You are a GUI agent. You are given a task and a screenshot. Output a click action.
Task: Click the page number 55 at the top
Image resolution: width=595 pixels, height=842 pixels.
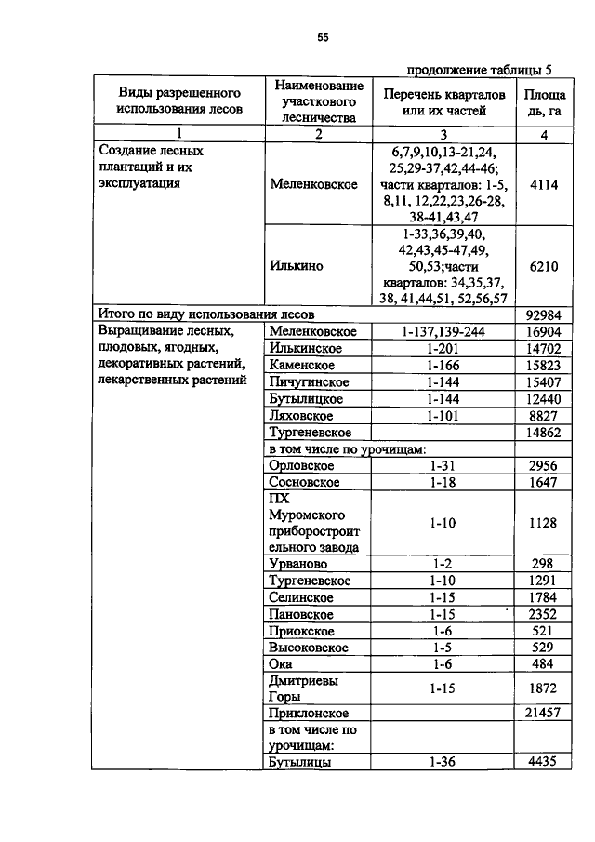pyautogui.click(x=323, y=38)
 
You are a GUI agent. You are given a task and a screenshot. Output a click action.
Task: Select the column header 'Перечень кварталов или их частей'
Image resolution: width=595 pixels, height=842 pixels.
pyautogui.click(x=443, y=102)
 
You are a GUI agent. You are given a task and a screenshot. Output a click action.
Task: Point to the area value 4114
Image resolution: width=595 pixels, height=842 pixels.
pyautogui.click(x=543, y=184)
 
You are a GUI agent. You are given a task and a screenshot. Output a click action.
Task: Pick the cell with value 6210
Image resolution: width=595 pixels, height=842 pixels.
pyautogui.click(x=543, y=265)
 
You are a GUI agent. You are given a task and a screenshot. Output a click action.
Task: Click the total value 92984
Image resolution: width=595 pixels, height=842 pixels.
pyautogui.click(x=543, y=314)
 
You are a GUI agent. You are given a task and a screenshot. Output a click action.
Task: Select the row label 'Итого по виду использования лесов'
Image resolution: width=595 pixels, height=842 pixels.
pyautogui.click(x=207, y=314)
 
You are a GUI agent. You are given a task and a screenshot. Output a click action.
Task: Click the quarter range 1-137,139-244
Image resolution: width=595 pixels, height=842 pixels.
pyautogui.click(x=443, y=331)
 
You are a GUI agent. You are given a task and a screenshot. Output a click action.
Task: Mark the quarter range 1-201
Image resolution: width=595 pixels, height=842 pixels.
pyautogui.click(x=443, y=348)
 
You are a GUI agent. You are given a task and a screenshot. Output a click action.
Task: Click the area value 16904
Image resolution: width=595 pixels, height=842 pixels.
pyautogui.click(x=543, y=331)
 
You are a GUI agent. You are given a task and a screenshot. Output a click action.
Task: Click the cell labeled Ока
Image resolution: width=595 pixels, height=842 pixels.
pyautogui.click(x=280, y=663)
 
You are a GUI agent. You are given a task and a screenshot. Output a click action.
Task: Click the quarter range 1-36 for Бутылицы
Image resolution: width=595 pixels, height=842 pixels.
pyautogui.click(x=443, y=762)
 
